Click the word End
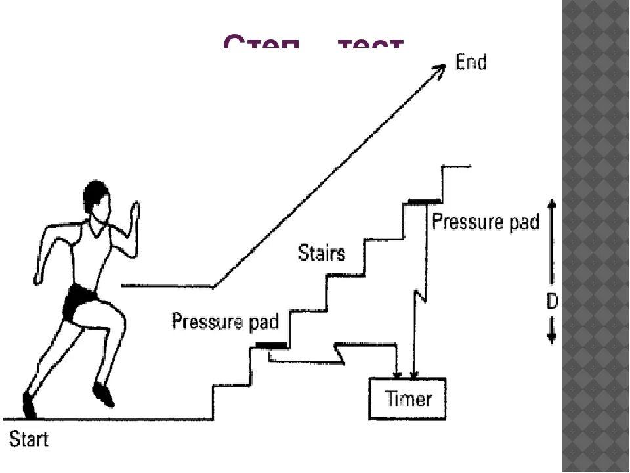point(471,63)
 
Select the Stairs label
point(321,252)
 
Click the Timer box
point(408,398)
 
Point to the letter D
point(552,302)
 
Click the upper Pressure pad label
point(485,222)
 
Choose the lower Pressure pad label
point(225,322)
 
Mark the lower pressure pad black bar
point(271,346)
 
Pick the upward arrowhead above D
point(552,205)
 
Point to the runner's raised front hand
point(135,214)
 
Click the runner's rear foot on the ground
point(30,404)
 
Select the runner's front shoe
point(104,394)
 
